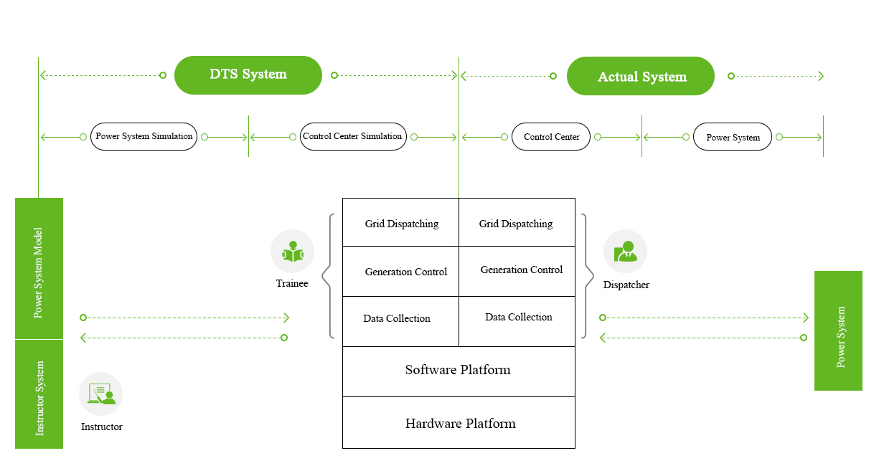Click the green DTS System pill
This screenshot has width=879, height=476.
pos(248,75)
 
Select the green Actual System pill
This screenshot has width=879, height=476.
pos(641,77)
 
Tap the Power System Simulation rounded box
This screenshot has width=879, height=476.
pos(144,136)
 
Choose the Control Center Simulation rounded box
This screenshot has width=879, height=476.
pos(353,136)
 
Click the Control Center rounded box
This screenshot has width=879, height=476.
pos(551,137)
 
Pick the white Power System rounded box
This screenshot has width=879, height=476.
pos(733,137)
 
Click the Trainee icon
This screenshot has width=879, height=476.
pos(292,252)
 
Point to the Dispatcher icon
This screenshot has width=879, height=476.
pos(625,251)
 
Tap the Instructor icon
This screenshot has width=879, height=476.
pos(101,394)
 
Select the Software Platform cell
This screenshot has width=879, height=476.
pos(459,371)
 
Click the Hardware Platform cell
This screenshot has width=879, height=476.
pos(459,423)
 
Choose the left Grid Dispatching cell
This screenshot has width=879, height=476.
pos(401,223)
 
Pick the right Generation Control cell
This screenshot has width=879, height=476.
pos(517,270)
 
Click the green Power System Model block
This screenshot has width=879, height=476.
pos(39,269)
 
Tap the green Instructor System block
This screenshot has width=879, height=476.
pos(39,394)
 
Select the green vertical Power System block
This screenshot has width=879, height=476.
pos(838,330)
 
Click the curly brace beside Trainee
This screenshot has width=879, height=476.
pos(328,275)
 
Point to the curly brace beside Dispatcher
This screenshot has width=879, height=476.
pos(588,275)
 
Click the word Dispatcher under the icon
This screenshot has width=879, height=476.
pos(626,285)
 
